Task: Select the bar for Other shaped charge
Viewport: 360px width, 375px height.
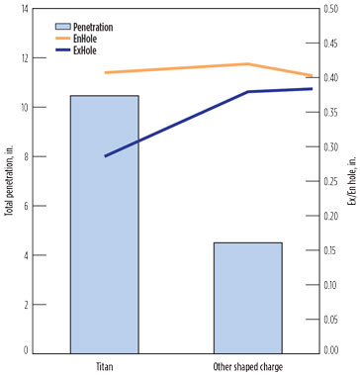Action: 247,297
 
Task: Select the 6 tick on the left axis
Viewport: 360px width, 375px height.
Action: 25,205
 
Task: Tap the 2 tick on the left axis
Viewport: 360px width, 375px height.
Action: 25,303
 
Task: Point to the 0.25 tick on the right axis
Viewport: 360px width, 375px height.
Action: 335,180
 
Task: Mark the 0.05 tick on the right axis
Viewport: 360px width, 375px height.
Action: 335,318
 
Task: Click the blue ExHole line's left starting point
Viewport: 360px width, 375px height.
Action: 105,156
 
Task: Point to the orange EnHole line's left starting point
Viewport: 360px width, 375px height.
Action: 105,72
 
